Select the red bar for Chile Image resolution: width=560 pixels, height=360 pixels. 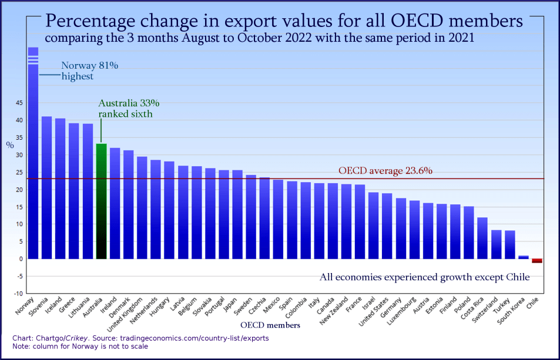pyautogui.click(x=536, y=261)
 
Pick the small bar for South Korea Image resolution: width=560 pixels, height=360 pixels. pyautogui.click(x=523, y=257)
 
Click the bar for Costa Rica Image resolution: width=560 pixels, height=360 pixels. pyautogui.click(x=482, y=238)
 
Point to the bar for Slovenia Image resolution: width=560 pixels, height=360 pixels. pyautogui.click(x=47, y=187)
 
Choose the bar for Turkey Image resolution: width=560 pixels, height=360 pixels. pyautogui.click(x=509, y=244)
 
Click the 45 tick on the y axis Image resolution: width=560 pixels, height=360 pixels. pyautogui.click(x=19, y=103)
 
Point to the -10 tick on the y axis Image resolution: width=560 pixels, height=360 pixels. pyautogui.click(x=18, y=294)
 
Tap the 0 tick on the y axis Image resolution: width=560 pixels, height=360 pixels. pyautogui.click(x=21, y=259)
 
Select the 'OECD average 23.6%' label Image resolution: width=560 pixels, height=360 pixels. pyautogui.click(x=385, y=171)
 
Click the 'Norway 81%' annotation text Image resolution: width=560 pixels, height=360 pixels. pyautogui.click(x=90, y=66)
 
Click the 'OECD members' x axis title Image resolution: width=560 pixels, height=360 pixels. pyautogui.click(x=271, y=325)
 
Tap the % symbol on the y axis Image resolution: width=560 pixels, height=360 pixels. pyautogui.click(x=10, y=144)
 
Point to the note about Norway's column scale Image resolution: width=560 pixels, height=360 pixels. pyautogui.click(x=80, y=346)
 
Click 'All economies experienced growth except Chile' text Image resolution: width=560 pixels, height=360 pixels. pyautogui.click(x=425, y=277)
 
